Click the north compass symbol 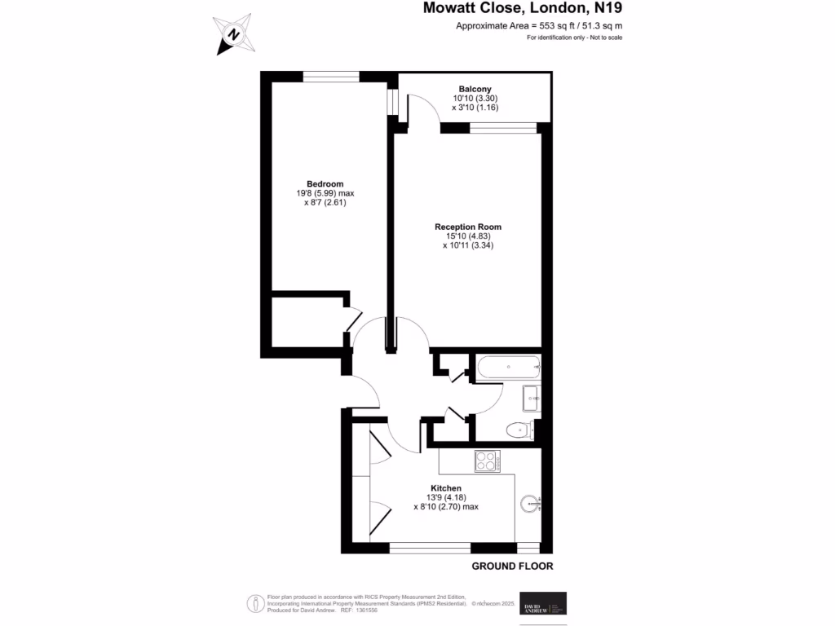233,34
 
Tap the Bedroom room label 325,183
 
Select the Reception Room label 467,227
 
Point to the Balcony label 475,89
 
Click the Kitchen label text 445,488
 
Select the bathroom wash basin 532,399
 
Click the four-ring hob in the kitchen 488,462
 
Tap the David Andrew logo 543,603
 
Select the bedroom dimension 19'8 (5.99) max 325,193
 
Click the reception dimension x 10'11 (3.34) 468,245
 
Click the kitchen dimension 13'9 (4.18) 445,497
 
